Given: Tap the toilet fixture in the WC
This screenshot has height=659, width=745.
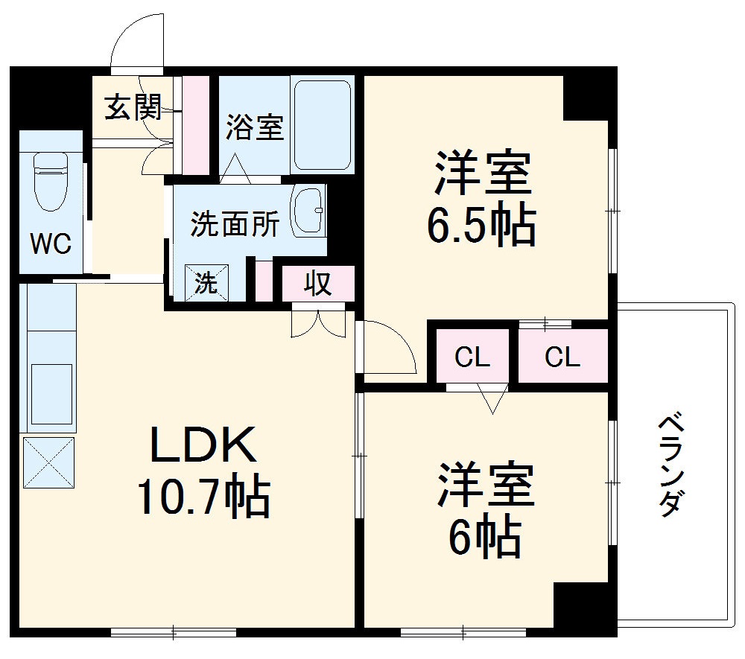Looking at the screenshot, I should pos(51,179).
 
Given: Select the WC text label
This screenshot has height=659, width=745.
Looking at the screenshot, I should pos(51,243).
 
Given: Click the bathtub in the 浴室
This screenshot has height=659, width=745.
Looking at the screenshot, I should pos(322,125).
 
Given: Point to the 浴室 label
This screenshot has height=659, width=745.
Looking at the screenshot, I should pos(255,127).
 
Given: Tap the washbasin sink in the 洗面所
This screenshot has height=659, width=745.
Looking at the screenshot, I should pos(307,211).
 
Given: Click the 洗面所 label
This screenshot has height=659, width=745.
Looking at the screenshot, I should pos(235,224).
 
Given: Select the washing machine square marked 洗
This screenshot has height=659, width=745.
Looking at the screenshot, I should pos(206,283).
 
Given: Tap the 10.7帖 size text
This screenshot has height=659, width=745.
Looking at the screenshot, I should pos(203,497).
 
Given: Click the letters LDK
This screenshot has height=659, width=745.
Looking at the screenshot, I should pos(203,447).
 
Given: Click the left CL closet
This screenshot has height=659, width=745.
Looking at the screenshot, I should pos(472,358).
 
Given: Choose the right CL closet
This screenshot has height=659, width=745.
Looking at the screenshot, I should pos(562,358).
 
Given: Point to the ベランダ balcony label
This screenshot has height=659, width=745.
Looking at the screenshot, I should pos(670,465).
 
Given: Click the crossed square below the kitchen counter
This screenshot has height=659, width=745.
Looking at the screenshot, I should pos(49,462).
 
